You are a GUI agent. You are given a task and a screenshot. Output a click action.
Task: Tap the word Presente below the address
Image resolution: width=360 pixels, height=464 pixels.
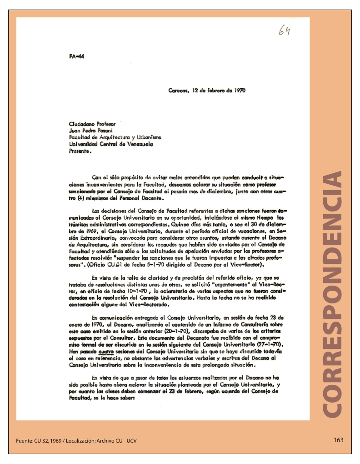pyautogui.click(x=78, y=152)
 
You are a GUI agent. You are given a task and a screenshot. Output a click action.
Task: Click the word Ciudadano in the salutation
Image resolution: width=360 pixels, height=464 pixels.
pyautogui.click(x=80, y=123)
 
